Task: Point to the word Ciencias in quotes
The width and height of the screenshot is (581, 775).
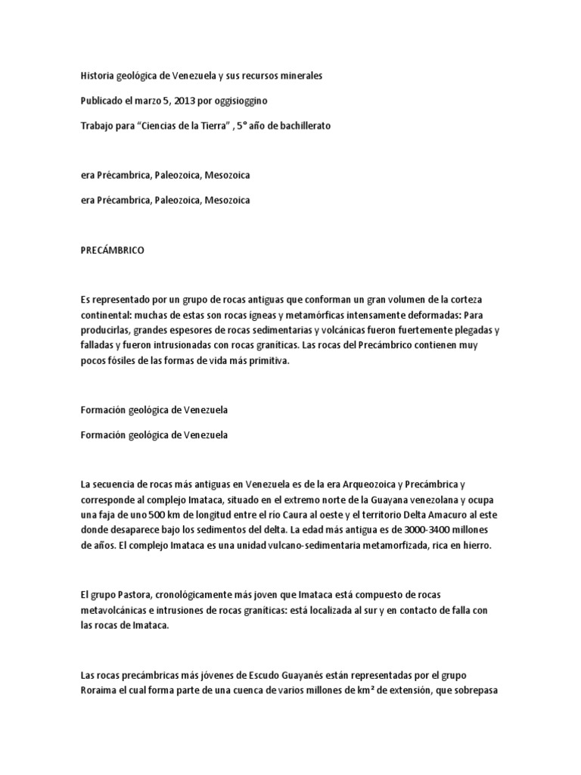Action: [x=170, y=126]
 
